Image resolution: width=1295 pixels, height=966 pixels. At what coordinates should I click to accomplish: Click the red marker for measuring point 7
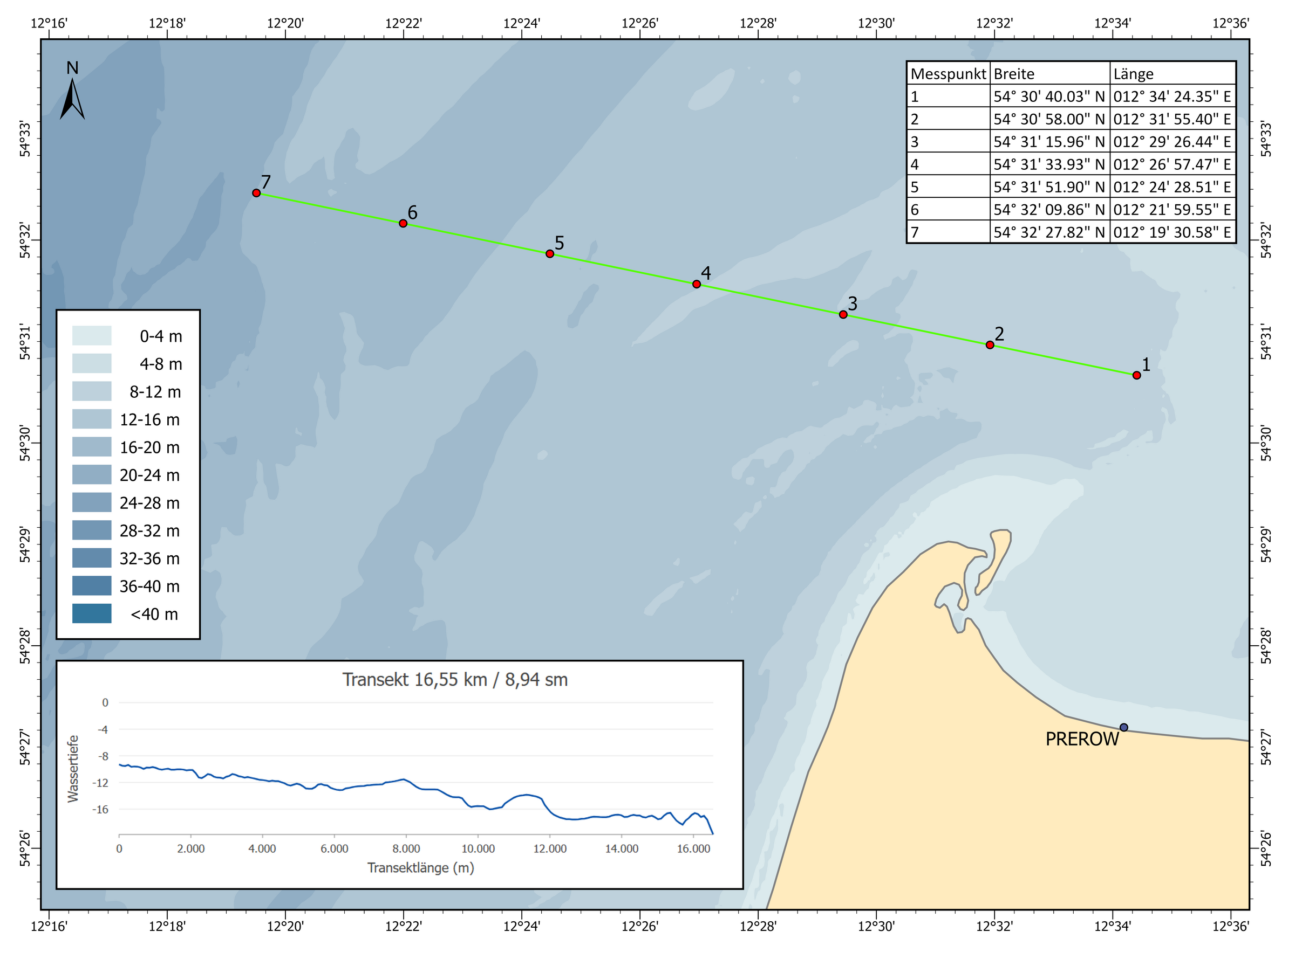point(256,193)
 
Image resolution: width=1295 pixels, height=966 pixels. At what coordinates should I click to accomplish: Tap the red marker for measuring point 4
point(697,284)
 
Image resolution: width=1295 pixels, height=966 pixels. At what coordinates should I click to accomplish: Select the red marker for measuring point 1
point(1136,375)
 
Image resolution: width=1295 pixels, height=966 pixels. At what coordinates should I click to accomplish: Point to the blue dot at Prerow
point(1123,727)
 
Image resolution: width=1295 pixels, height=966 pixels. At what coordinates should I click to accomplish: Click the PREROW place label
point(1081,739)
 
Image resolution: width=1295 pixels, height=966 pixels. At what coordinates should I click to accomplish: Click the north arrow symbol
point(72,96)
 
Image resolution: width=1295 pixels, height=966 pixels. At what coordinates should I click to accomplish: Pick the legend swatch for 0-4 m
point(92,336)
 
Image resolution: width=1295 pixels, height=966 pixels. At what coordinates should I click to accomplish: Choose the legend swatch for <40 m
point(92,613)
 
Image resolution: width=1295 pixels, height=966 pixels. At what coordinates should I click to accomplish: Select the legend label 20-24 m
point(149,475)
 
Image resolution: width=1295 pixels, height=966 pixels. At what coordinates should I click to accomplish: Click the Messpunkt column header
point(948,74)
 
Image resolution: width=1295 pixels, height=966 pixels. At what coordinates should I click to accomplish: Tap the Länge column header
point(1133,74)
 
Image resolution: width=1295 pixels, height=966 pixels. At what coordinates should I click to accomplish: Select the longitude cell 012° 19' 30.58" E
point(1172,233)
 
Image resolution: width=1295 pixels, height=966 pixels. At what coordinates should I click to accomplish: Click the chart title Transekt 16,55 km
point(455,679)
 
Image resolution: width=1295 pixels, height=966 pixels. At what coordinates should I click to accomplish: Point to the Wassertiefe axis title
point(73,768)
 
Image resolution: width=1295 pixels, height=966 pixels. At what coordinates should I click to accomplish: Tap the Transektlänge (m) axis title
point(420,868)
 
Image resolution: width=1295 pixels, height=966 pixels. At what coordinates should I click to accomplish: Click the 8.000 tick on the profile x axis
point(406,849)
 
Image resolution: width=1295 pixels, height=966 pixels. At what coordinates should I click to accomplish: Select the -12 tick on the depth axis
point(101,783)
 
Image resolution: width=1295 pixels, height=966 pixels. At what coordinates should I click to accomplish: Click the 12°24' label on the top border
point(521,23)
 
